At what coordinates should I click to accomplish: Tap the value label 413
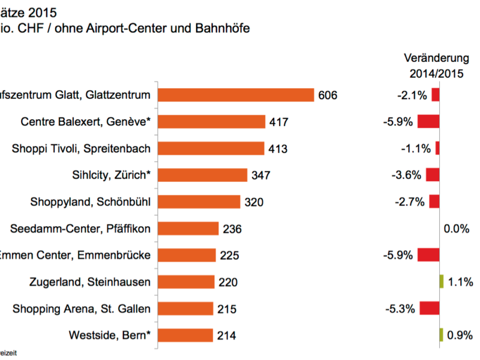point(278,148)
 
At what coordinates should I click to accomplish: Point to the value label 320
point(254,202)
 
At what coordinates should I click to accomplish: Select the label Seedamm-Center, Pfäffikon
point(81,228)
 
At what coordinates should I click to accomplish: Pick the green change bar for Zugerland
point(441,281)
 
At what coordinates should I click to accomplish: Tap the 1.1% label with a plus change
point(460,281)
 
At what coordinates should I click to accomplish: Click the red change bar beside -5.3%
point(429,308)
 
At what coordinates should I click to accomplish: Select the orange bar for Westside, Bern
point(185,335)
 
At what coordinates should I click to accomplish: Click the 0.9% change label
point(460,335)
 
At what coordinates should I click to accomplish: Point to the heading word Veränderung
point(436,58)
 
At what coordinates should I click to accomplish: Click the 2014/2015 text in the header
point(436,74)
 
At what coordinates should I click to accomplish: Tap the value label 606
point(329,95)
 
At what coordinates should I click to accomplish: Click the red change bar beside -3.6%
point(433,175)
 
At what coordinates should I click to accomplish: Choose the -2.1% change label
point(412,95)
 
